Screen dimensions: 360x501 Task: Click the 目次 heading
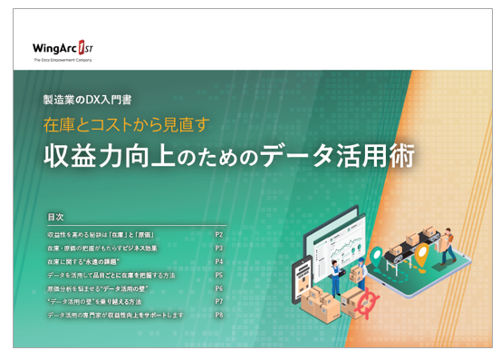click(55, 219)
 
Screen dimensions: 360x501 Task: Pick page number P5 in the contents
click(218, 275)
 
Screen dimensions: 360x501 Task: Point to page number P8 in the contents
click(218, 315)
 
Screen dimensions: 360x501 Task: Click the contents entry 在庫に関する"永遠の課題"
click(95, 261)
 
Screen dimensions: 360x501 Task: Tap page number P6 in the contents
click(218, 287)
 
